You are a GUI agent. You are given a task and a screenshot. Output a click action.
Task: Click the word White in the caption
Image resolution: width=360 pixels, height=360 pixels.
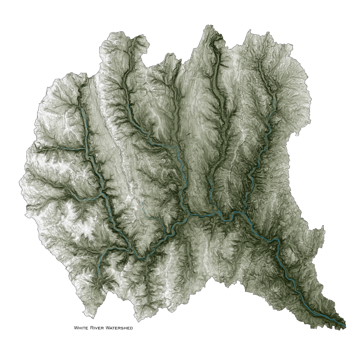click(x=81, y=328)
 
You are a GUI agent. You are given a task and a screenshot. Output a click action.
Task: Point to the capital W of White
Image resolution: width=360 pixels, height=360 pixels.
click(x=76, y=328)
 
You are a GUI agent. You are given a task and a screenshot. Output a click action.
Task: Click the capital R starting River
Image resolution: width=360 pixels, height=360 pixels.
click(x=91, y=328)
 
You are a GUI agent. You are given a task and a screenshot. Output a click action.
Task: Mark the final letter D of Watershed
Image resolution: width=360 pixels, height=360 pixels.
click(x=131, y=328)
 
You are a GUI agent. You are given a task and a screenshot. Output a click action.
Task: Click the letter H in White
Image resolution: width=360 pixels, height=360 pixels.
click(x=80, y=328)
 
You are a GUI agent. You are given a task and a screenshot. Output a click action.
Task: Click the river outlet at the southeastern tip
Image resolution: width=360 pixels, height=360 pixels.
click(x=345, y=326)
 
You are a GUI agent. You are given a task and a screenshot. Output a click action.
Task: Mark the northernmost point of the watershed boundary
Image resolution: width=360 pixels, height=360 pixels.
click(x=208, y=25)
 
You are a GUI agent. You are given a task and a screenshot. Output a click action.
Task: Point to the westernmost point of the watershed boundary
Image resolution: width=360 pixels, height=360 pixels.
click(x=19, y=182)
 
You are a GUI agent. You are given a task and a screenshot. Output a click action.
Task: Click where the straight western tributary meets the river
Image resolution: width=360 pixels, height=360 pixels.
click(x=86, y=149)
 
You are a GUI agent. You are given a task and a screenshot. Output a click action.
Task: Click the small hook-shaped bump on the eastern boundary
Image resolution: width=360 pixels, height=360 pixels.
click(x=294, y=133)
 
